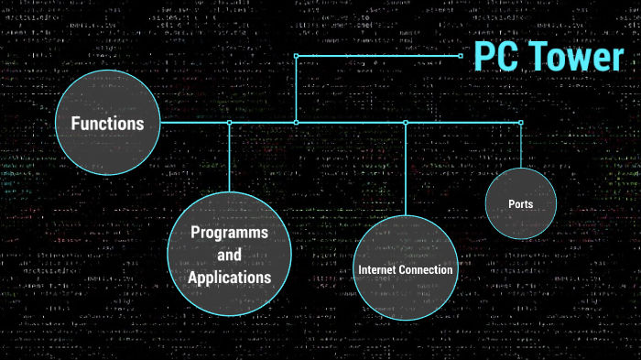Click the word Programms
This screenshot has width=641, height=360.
[x=229, y=233]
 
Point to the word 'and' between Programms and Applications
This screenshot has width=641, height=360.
[x=229, y=255]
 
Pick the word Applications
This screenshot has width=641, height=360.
[x=229, y=277]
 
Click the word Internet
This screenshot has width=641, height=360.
[x=379, y=270]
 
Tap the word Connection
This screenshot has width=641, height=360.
[x=428, y=270]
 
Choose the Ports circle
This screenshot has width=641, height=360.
[x=521, y=203]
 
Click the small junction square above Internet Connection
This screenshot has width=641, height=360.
[x=406, y=122]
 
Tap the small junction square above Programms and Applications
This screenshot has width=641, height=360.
[x=229, y=122]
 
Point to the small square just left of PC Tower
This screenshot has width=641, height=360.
[x=462, y=56]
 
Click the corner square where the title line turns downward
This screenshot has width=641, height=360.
[x=296, y=56]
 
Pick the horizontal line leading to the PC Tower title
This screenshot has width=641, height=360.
[x=375, y=56]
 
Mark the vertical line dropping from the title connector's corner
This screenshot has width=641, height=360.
[x=296, y=89]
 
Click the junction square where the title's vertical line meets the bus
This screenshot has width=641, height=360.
[x=296, y=122]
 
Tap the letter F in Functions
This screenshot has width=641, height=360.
[x=62, y=124]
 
